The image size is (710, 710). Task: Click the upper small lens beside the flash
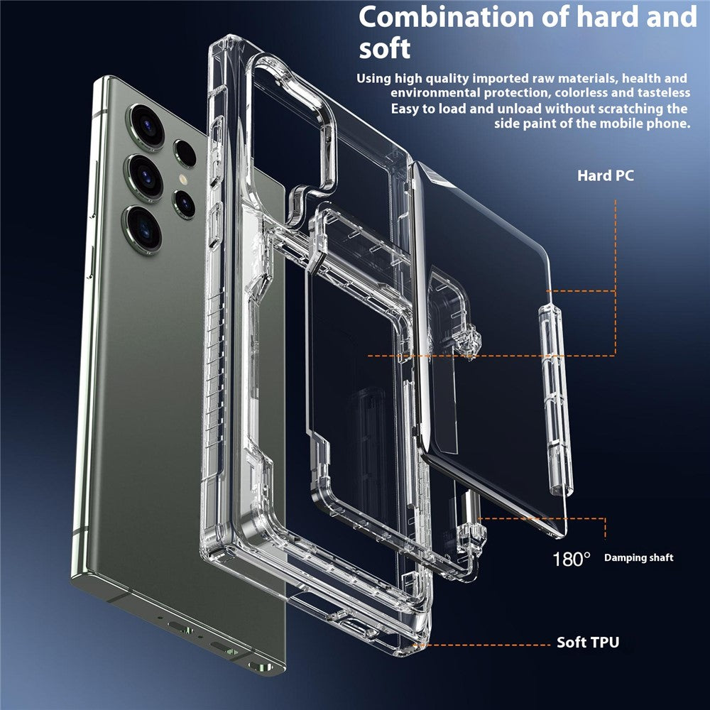(x=185, y=152)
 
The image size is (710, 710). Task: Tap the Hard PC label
(x=605, y=175)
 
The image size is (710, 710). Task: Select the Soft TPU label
(x=588, y=643)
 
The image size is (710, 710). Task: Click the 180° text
(x=572, y=559)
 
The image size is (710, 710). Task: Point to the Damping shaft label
(x=638, y=558)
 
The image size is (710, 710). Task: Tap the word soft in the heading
(x=384, y=48)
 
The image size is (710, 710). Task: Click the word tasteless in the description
(x=660, y=93)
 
